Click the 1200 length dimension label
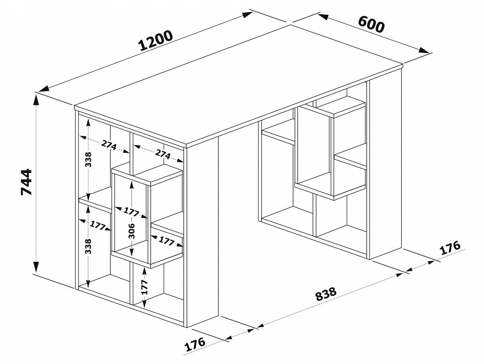(155, 40)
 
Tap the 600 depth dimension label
(371, 23)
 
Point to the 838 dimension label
(326, 294)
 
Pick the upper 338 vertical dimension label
(89, 159)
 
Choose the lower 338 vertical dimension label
(89, 246)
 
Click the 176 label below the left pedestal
(195, 344)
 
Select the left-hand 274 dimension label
(109, 146)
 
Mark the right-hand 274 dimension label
(163, 154)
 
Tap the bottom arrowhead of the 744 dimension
(36, 267)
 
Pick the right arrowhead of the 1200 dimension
(248, 15)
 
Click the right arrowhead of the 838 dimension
(400, 274)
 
